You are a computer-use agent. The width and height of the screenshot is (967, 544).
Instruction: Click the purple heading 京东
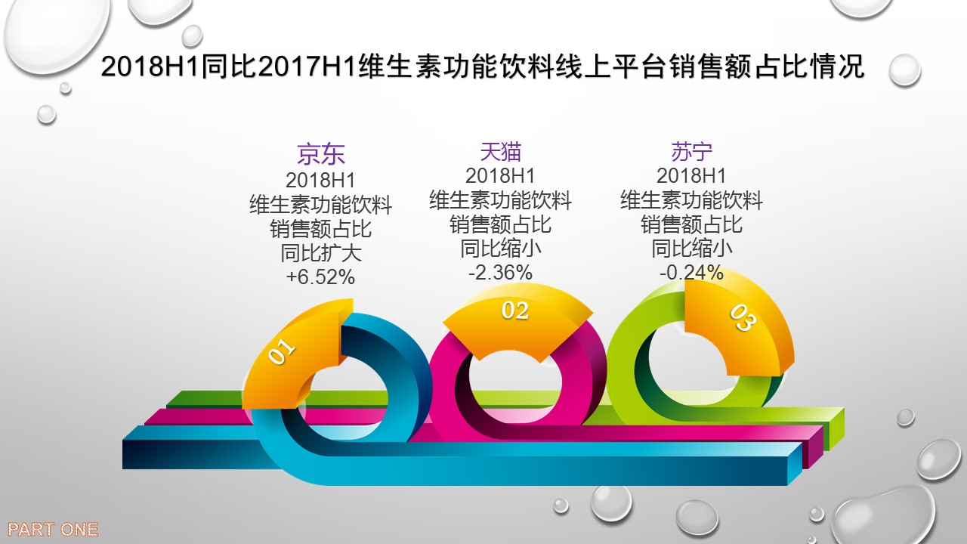(321, 154)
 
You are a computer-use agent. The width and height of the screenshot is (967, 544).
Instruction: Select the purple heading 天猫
(501, 151)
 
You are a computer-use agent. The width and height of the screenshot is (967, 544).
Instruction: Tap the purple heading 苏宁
(691, 151)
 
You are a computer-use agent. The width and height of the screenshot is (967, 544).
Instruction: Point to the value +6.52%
(320, 277)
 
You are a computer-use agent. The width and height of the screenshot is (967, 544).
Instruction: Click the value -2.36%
(500, 273)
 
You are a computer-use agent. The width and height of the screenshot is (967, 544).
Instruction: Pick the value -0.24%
(691, 273)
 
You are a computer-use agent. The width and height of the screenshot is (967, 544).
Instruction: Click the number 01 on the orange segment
(282, 351)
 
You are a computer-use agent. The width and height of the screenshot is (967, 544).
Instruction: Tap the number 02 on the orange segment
(515, 311)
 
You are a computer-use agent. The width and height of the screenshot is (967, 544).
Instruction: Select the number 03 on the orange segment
(743, 317)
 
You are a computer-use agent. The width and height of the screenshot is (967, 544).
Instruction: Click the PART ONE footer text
(53, 530)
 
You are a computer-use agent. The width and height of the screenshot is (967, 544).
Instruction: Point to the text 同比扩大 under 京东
(321, 253)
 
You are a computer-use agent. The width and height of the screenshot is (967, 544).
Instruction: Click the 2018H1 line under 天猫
(500, 176)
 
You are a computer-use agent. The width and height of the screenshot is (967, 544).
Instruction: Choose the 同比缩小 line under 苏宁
(691, 249)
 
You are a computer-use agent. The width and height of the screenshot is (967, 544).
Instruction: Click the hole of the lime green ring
(690, 363)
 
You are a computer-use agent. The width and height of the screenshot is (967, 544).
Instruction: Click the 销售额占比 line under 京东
(321, 229)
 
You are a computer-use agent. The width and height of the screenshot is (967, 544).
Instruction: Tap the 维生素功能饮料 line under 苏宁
(691, 200)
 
